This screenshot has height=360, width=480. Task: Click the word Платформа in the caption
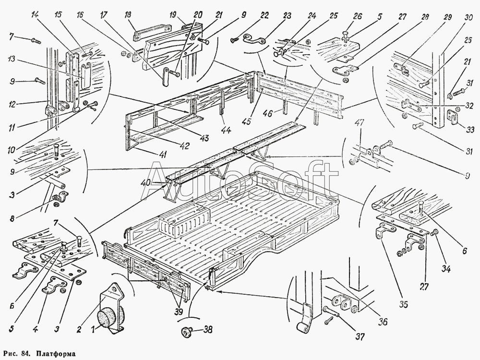53,354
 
